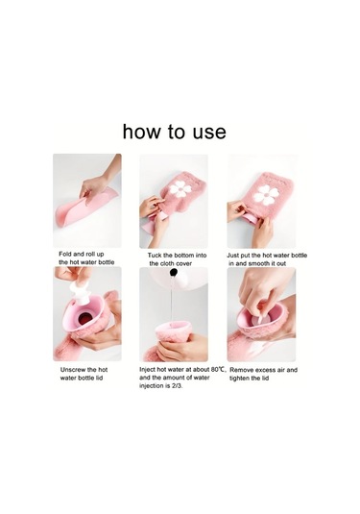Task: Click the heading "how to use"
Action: [175, 132]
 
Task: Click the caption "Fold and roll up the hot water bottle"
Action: [86, 258]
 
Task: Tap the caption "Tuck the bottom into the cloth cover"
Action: [177, 259]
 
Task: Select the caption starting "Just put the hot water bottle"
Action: [267, 259]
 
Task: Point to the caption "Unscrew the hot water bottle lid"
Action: [84, 374]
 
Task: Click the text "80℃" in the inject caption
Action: [219, 370]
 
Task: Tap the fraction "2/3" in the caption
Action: [177, 386]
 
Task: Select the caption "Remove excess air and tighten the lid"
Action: [263, 374]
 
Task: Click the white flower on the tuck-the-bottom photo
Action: [179, 189]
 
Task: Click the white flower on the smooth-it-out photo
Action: [266, 195]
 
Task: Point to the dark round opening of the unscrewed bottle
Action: [84, 318]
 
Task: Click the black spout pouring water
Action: [174, 272]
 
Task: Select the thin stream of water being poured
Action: [172, 300]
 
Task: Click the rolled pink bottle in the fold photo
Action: [84, 207]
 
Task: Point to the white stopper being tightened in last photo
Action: [260, 319]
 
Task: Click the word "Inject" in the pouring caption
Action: [148, 370]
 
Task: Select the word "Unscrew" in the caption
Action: [72, 370]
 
